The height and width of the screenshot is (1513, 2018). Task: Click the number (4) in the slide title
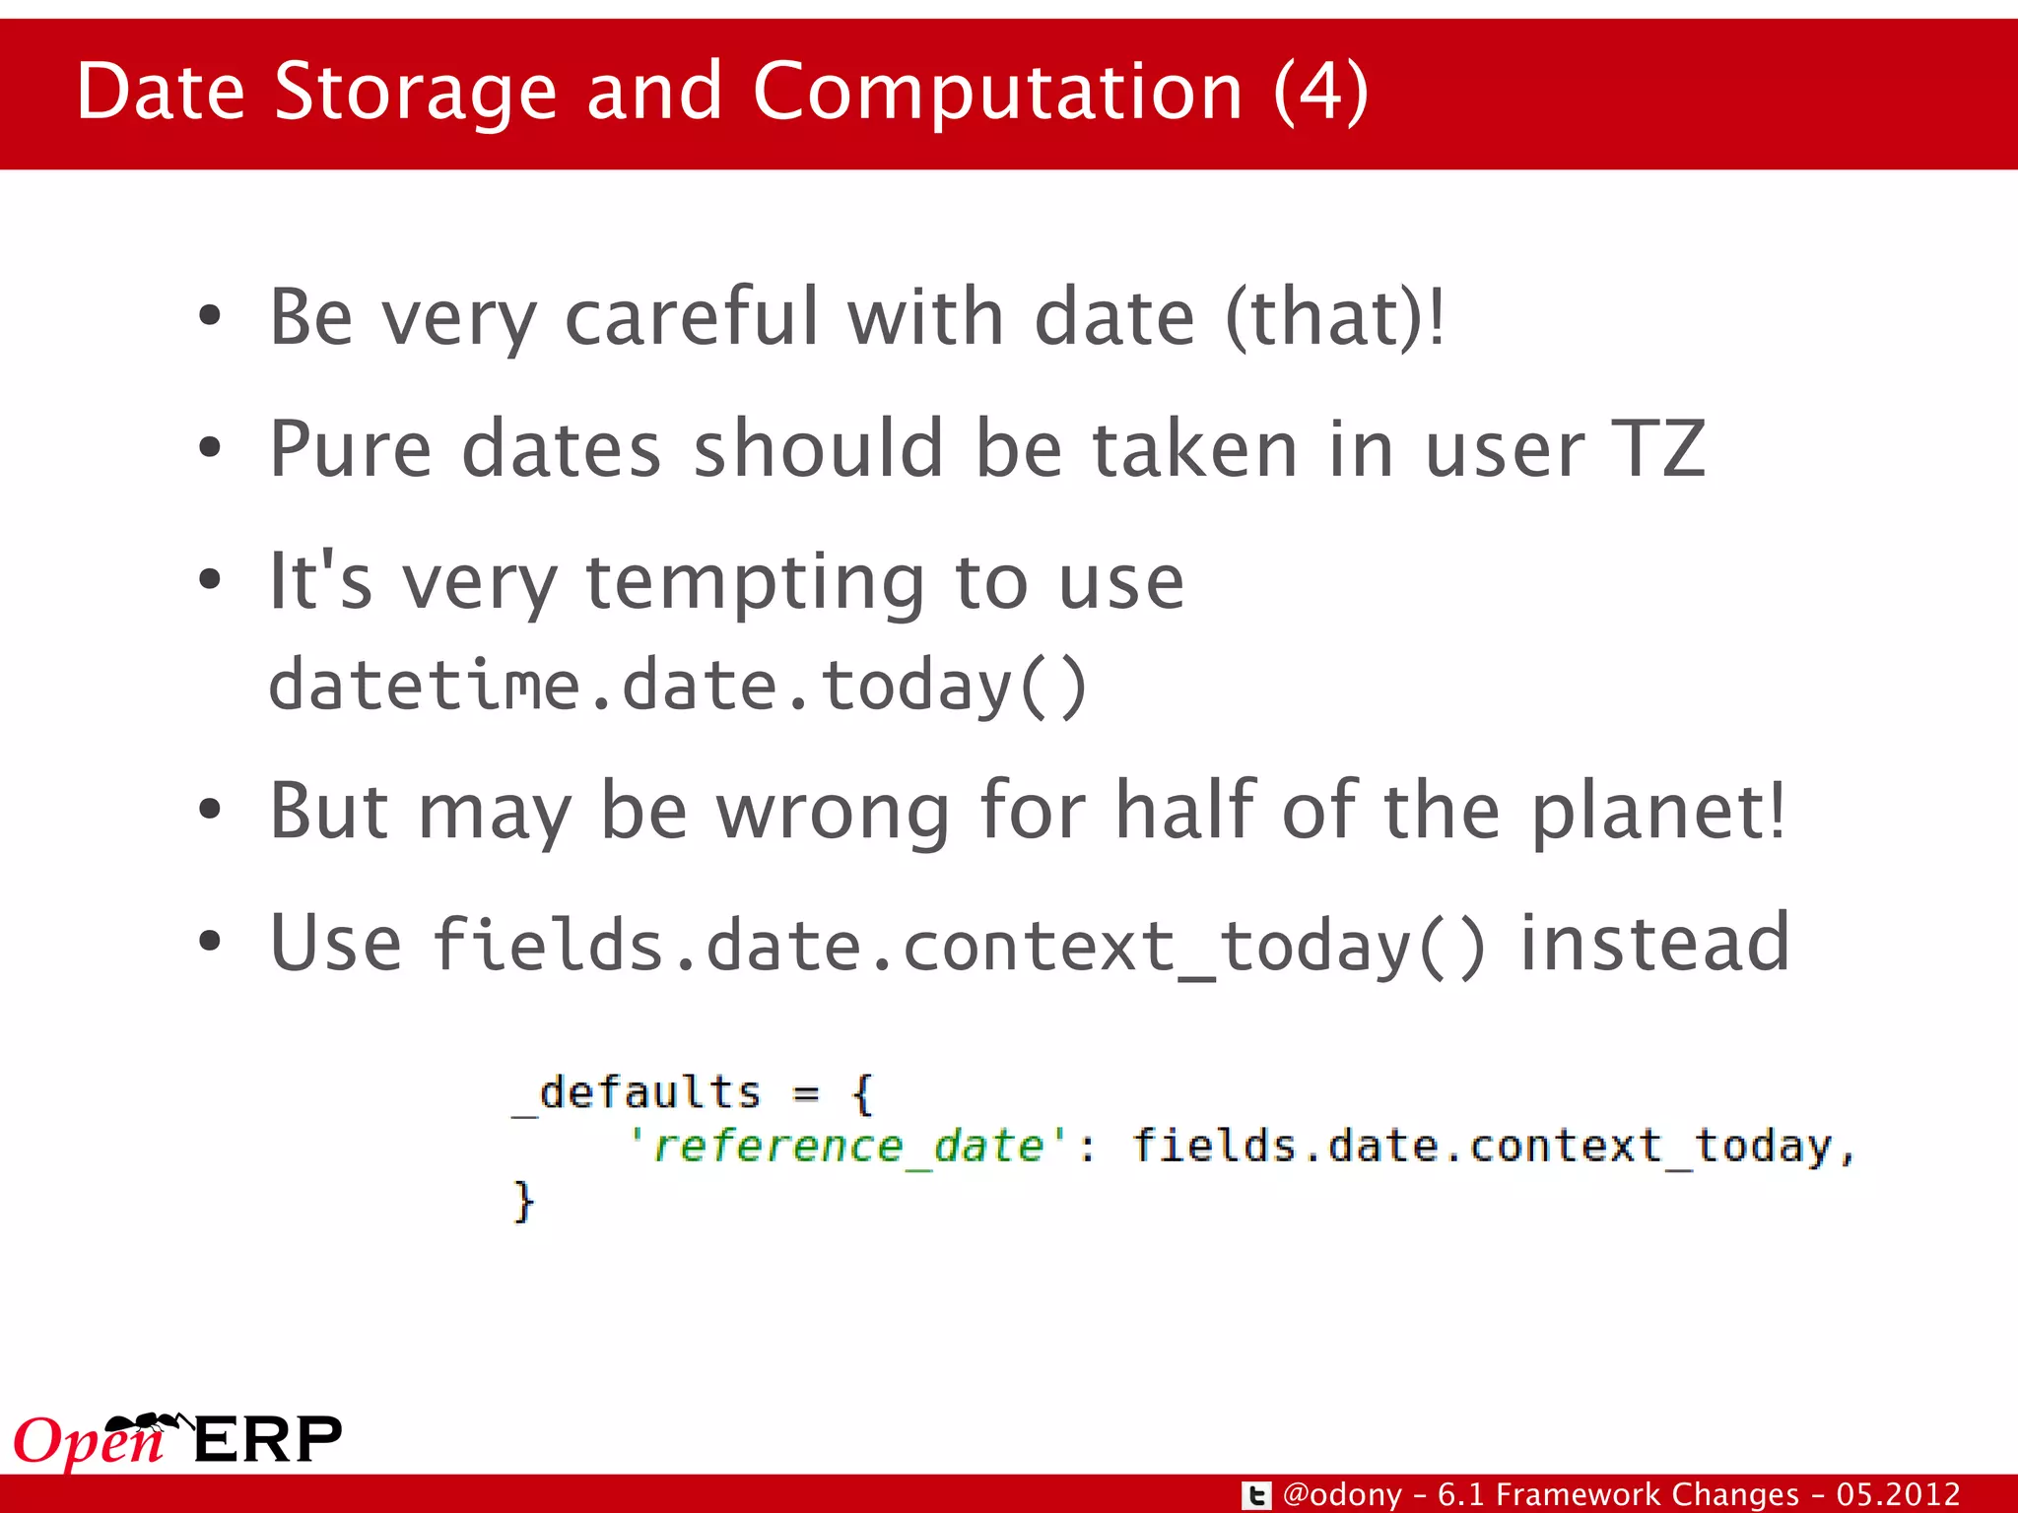click(1320, 92)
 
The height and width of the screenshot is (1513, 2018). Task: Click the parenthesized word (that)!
click(1334, 317)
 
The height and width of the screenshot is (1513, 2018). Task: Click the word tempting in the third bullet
click(755, 581)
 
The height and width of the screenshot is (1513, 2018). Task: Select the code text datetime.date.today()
click(678, 686)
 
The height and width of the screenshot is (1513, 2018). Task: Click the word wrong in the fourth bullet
click(833, 812)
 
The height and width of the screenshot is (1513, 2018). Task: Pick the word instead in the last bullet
click(1654, 944)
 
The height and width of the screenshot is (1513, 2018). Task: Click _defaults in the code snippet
click(638, 1093)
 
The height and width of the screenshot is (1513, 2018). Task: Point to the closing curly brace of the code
click(523, 1201)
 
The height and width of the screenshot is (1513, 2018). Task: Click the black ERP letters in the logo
click(268, 1440)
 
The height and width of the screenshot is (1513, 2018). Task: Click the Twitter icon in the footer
click(1256, 1495)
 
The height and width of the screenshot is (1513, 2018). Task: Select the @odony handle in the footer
click(1342, 1494)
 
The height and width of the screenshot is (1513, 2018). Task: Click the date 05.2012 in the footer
click(1898, 1494)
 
